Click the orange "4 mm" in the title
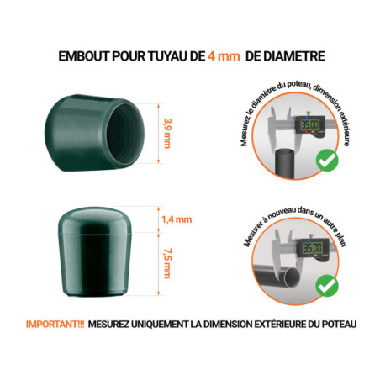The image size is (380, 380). pos(214,56)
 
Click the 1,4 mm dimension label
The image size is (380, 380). pos(176,220)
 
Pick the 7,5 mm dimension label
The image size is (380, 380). pos(167,263)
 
